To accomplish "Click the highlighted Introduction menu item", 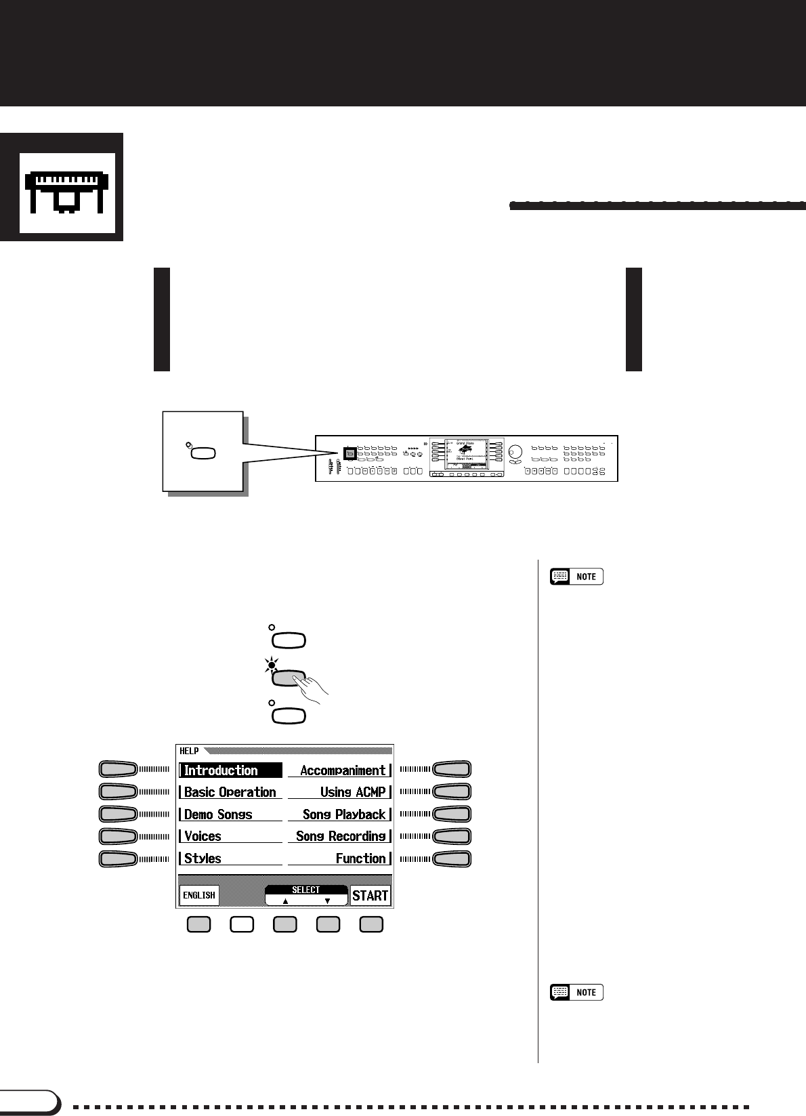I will [x=230, y=770].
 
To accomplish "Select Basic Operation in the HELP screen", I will [x=230, y=792].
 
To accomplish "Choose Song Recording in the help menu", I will [x=340, y=836].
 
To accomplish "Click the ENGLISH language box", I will [x=199, y=895].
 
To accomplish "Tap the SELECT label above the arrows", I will [x=305, y=890].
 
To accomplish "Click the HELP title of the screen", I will [x=189, y=751].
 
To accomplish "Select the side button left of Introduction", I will [x=118, y=769].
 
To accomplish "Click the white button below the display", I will [x=242, y=924].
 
